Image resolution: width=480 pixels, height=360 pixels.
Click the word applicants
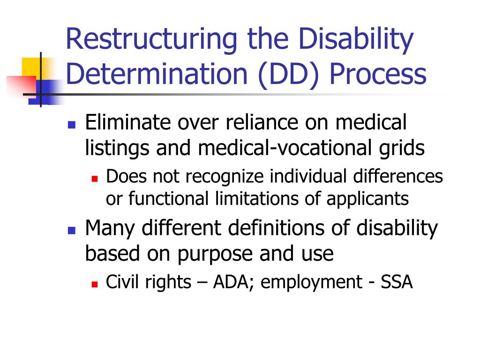point(367,198)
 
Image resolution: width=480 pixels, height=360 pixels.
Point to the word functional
point(169,198)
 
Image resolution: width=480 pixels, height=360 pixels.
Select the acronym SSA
point(397,282)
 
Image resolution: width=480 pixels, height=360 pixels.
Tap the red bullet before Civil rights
point(94,284)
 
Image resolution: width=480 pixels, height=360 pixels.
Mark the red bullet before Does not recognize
point(94,179)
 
